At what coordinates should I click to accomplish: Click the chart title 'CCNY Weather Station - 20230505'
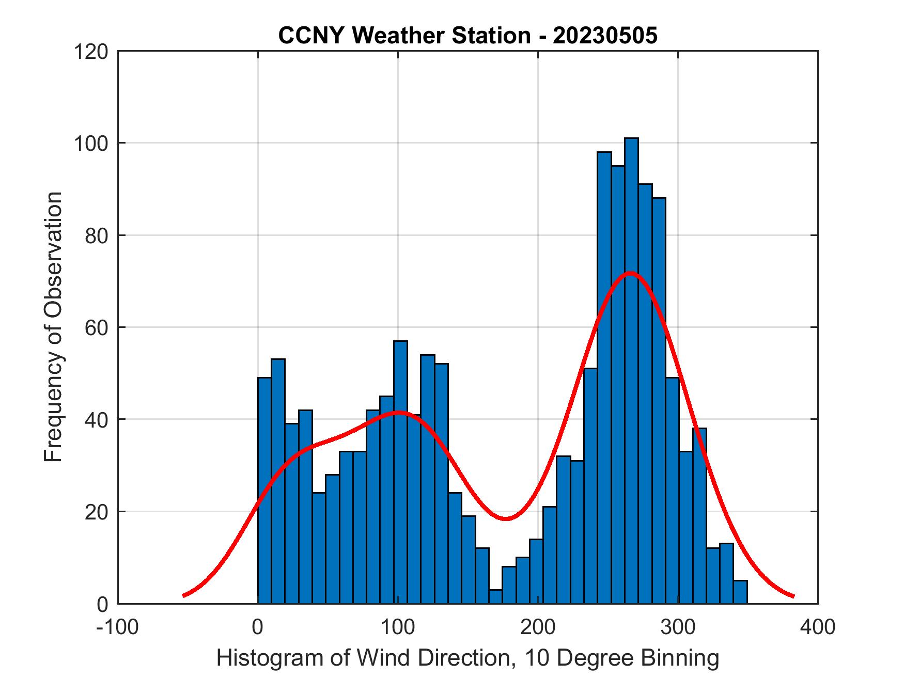click(467, 36)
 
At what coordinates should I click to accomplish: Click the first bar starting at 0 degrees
click(264, 491)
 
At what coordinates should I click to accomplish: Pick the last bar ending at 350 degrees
click(740, 592)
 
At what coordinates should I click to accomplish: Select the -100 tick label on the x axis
click(118, 627)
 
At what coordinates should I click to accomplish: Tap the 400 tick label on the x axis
click(818, 627)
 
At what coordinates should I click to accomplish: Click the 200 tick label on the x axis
click(538, 627)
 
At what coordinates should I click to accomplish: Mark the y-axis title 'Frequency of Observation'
click(54, 327)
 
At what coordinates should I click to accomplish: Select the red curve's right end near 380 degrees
click(792, 596)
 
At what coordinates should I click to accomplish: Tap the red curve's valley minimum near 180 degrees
click(506, 518)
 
